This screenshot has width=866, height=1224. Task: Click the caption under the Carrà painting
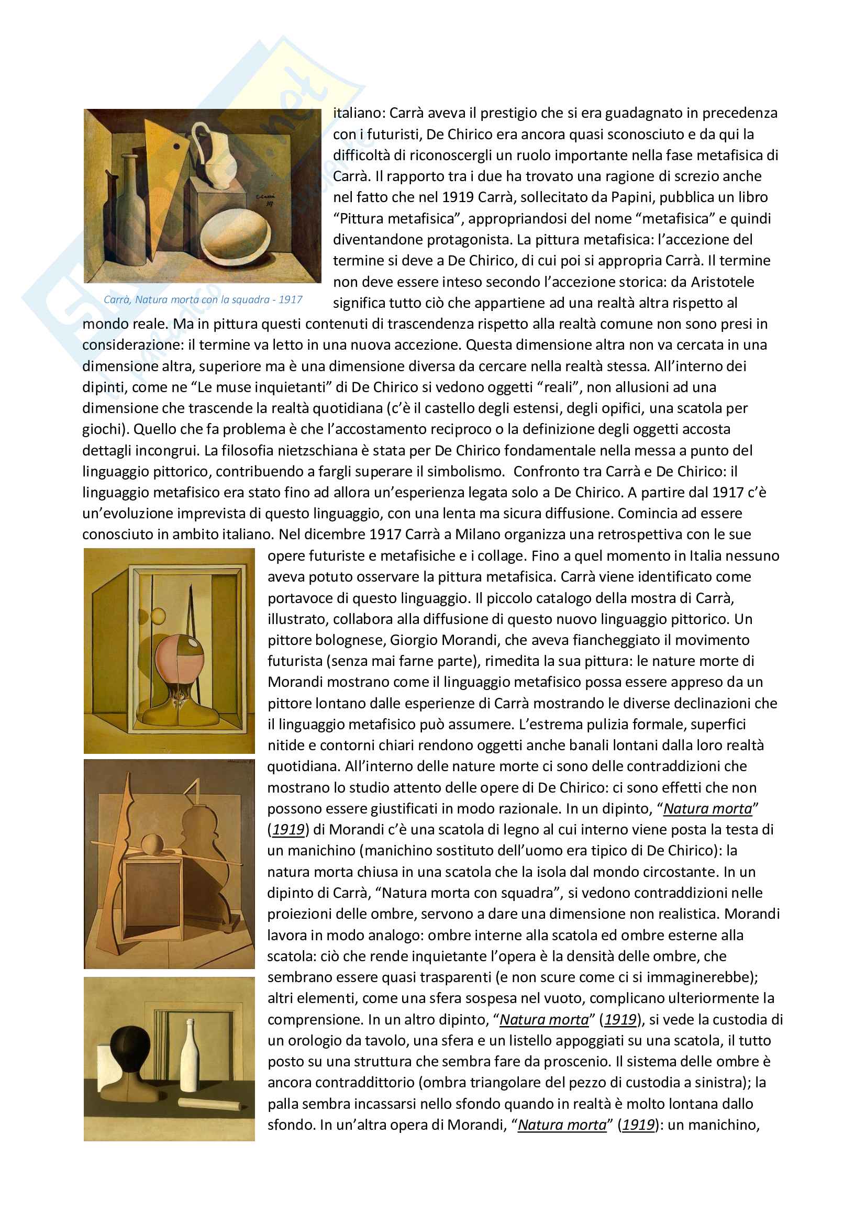pyautogui.click(x=203, y=299)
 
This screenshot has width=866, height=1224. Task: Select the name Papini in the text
pyautogui.click(x=632, y=197)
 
